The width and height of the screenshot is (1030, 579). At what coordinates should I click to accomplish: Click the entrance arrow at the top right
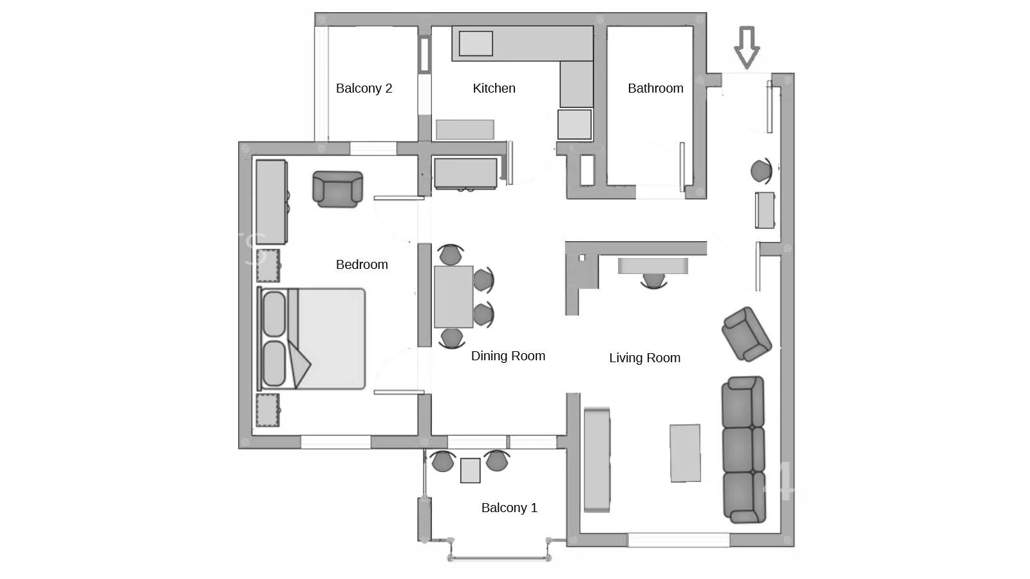click(x=747, y=48)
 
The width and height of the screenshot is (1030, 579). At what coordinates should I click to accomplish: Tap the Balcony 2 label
click(x=364, y=88)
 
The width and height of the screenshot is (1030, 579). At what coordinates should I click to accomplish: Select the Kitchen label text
click(x=494, y=88)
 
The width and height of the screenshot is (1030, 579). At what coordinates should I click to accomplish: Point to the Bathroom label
click(x=655, y=88)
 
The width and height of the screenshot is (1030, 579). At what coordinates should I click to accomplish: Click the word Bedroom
click(x=362, y=264)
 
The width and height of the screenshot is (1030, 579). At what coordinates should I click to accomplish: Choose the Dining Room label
click(x=508, y=356)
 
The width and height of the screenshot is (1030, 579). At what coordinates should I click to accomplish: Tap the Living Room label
click(x=644, y=358)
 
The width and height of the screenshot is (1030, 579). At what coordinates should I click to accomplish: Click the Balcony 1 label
click(x=509, y=508)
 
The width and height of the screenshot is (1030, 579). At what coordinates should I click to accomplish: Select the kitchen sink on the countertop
click(x=476, y=44)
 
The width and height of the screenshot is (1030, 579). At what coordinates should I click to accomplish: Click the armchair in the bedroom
click(x=337, y=189)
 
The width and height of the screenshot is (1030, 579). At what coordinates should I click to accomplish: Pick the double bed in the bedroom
click(x=312, y=338)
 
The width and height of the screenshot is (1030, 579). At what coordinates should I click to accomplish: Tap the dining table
click(x=453, y=297)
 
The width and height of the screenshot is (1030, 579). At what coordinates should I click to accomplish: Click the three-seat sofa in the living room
click(x=744, y=450)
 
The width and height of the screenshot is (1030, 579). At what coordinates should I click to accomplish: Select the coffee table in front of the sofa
click(x=685, y=453)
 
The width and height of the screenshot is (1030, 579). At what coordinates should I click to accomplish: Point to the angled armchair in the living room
click(x=746, y=334)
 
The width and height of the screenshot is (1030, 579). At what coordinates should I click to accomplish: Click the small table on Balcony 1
click(x=471, y=470)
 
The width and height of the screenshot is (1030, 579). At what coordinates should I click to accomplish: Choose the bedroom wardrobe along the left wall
click(x=272, y=202)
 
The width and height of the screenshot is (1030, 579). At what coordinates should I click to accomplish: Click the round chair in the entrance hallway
click(x=762, y=171)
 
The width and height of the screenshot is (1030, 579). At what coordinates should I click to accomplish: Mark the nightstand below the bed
click(x=268, y=410)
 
